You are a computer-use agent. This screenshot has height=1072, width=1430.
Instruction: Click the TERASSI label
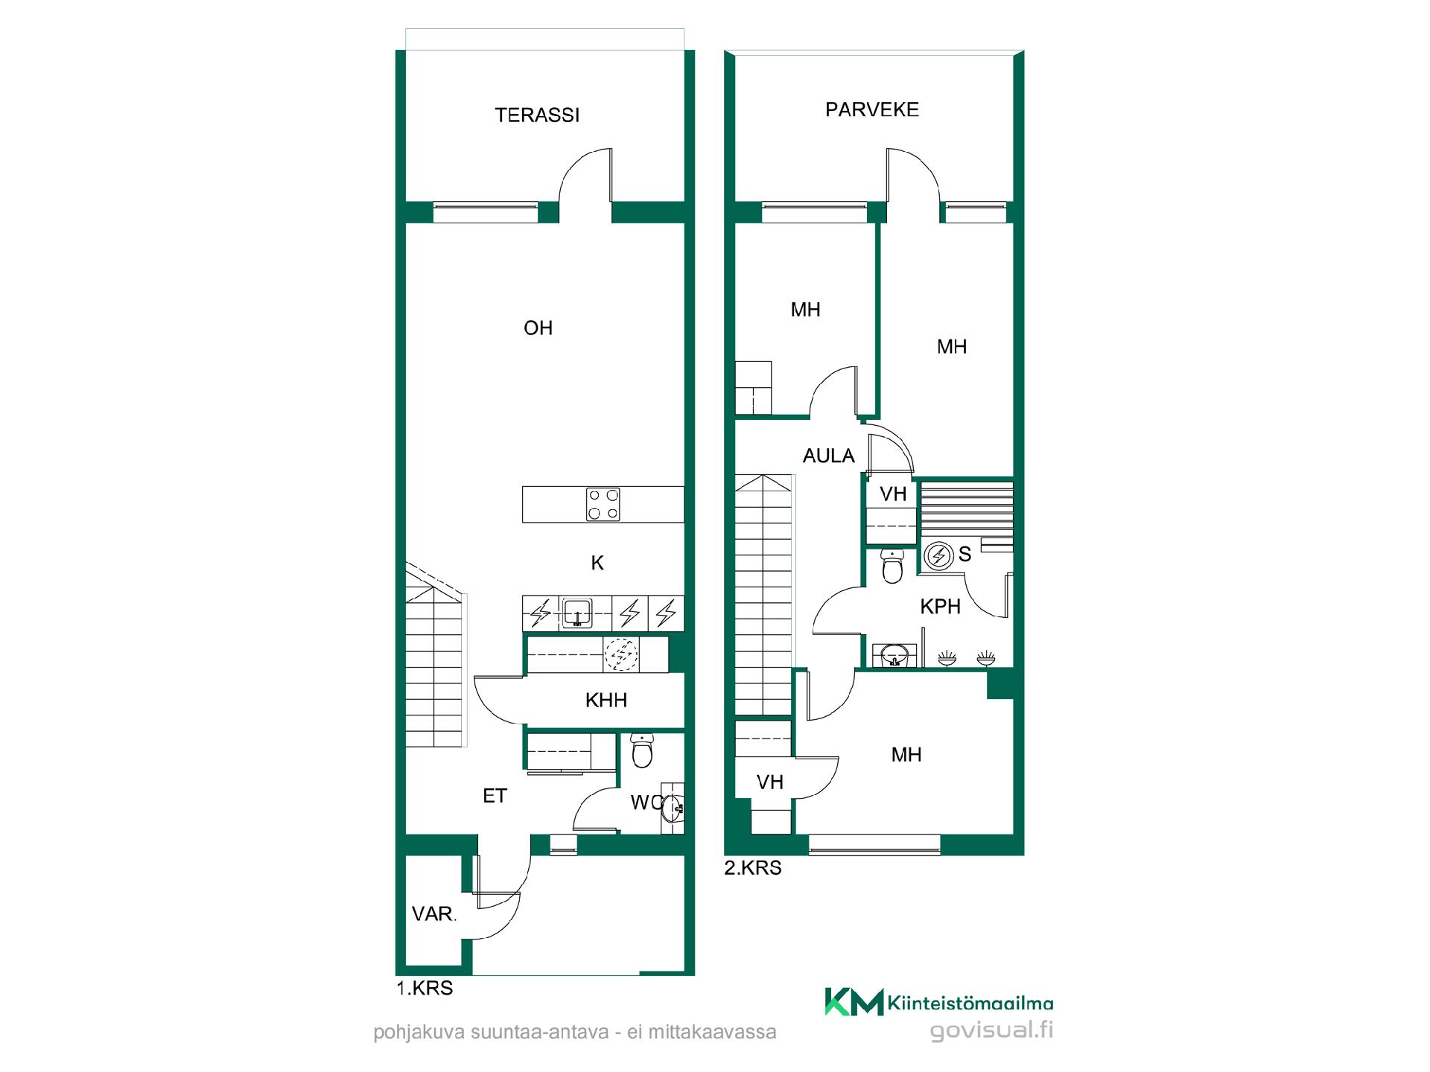pos(537,115)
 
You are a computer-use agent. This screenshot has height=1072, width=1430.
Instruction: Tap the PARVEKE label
pos(872,109)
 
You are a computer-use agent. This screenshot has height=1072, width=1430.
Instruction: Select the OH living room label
pos(538,328)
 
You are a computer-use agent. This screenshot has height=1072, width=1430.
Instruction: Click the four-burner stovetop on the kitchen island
pos(603,504)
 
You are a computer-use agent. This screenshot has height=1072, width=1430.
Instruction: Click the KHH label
pos(606,700)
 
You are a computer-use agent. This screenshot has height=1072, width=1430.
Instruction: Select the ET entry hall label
pos(495,796)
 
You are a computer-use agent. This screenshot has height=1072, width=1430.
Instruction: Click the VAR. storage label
pos(434,913)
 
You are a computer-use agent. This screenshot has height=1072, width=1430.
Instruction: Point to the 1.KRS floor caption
pos(425,989)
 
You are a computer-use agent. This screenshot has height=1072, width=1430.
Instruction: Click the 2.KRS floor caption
pos(753,868)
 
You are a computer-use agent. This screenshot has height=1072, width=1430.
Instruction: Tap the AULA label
pos(828,456)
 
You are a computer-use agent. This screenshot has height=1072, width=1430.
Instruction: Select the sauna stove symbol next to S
pos(939,555)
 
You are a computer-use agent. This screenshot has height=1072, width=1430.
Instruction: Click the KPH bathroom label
pos(940,606)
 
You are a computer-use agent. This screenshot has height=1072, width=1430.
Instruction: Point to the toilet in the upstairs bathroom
pos(892,566)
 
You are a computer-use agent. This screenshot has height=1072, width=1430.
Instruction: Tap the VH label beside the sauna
pos(893,494)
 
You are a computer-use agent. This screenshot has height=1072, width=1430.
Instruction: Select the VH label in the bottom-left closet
pos(770,782)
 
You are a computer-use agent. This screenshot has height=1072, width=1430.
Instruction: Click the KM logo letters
pos(854,1002)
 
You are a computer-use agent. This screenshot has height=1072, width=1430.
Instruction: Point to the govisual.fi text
pos(991,1030)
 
